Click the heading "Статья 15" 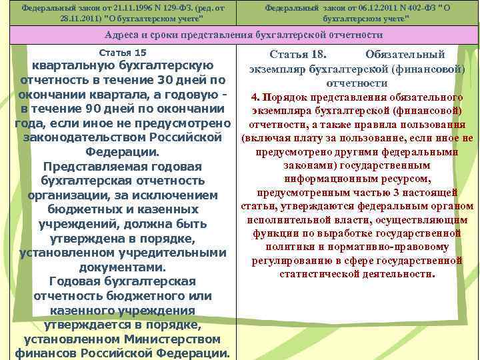click(122, 53)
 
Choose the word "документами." click(122, 267)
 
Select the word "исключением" click(180, 195)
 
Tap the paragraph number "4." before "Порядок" click(255, 97)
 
